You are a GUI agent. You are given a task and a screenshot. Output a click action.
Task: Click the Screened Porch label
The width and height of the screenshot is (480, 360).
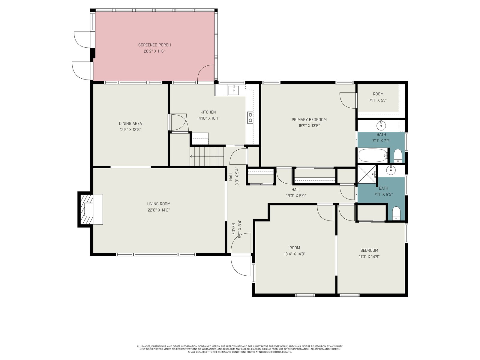(154, 45)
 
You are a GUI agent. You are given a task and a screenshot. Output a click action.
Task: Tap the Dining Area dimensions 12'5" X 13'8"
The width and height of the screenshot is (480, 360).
(130, 130)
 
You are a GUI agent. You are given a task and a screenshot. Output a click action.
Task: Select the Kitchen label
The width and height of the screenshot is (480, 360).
(208, 112)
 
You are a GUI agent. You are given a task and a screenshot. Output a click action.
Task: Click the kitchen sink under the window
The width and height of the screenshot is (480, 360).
(234, 90)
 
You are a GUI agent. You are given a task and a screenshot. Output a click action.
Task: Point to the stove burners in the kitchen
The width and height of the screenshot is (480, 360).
(250, 118)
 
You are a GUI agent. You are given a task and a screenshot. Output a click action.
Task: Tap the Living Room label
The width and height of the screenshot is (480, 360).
(159, 204)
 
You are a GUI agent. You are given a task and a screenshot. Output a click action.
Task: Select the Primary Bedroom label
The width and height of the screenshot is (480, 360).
(309, 120)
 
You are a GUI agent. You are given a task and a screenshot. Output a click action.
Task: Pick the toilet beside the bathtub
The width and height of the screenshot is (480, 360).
(398, 156)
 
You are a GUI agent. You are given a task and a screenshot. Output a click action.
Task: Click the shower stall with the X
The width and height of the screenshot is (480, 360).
(367, 174)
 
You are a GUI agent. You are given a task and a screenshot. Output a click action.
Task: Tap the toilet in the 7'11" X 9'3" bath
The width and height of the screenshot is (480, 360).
(396, 213)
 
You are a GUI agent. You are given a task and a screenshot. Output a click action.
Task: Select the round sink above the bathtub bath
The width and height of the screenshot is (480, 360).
(381, 125)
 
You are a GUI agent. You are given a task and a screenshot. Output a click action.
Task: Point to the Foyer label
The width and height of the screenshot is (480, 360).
(233, 229)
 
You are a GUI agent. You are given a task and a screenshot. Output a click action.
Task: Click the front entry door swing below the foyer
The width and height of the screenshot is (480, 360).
(241, 265)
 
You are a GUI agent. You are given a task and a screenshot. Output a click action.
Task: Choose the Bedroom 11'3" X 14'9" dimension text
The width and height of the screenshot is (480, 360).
(369, 256)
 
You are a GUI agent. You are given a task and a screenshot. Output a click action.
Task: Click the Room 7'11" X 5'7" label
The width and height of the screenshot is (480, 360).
(378, 94)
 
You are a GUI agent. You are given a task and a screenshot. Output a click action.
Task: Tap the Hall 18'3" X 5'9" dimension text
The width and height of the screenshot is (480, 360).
(296, 196)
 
